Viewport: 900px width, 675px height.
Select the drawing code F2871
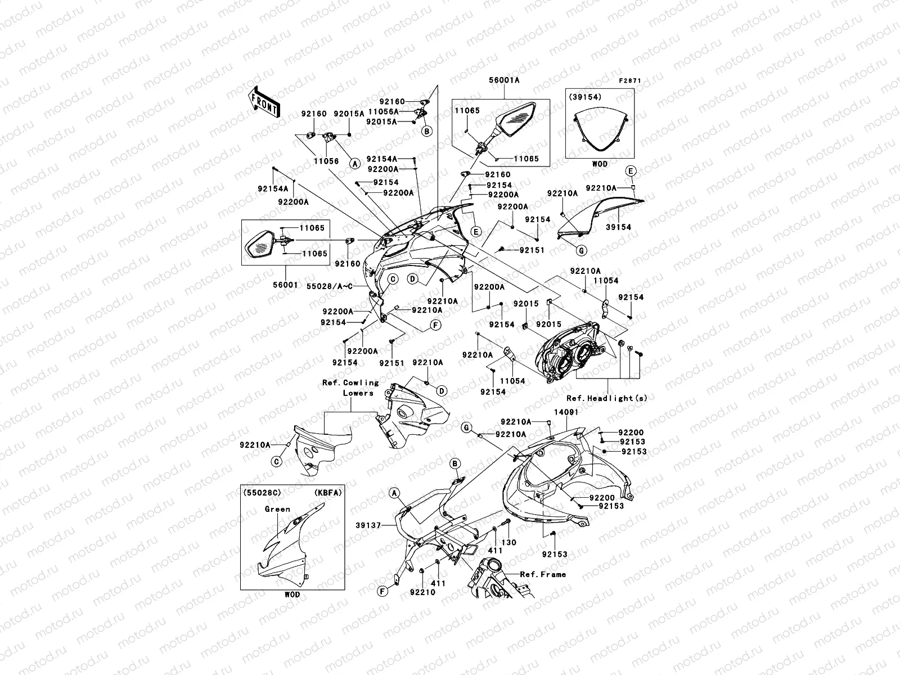point(630,81)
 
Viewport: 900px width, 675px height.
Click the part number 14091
point(566,412)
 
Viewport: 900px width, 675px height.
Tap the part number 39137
point(368,525)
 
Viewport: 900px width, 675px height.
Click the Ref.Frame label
point(542,574)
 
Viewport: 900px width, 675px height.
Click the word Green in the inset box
point(277,509)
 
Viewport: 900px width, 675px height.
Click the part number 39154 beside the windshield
point(618,227)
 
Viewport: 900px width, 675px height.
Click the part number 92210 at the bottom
point(422,592)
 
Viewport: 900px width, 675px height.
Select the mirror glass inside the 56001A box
point(521,120)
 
